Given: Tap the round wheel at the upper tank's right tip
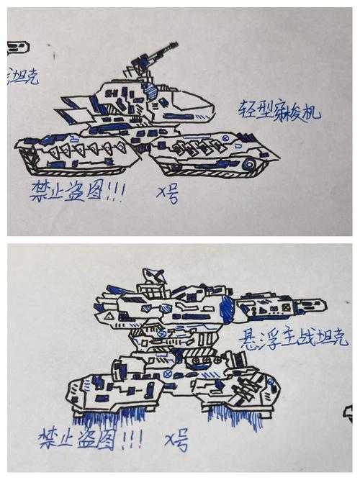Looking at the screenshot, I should [x=248, y=164].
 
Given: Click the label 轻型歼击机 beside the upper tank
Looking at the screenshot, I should [x=279, y=111].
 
